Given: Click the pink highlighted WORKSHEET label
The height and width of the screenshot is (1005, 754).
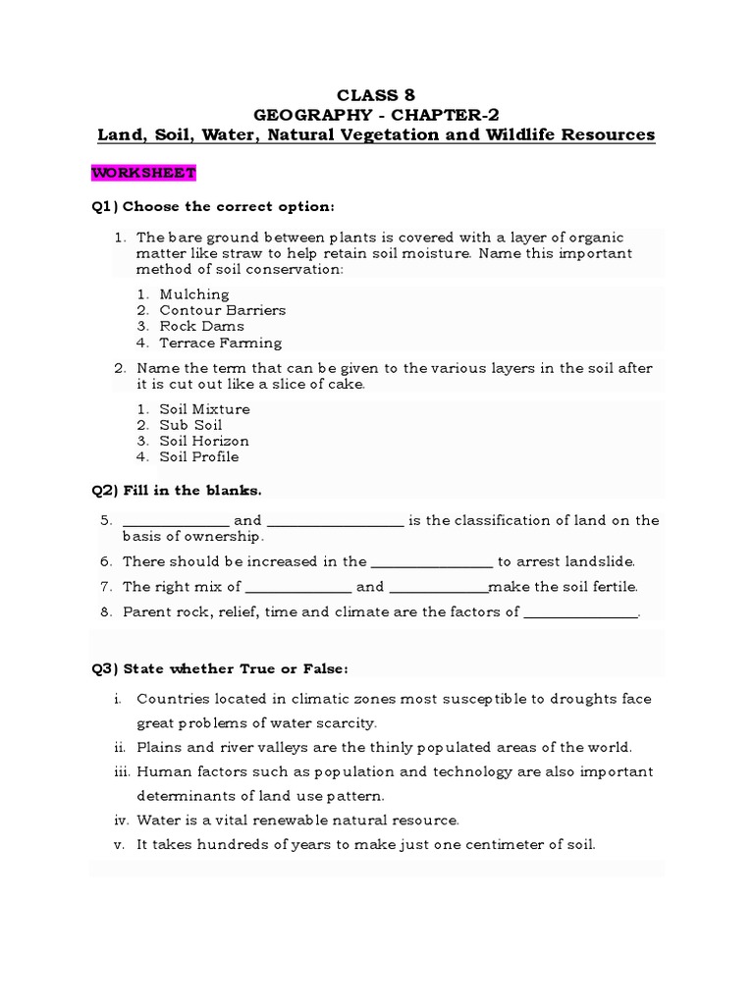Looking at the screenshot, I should (x=143, y=173).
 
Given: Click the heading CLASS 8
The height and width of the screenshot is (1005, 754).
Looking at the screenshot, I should (x=376, y=95).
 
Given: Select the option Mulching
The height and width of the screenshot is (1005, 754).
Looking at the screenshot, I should (x=194, y=293).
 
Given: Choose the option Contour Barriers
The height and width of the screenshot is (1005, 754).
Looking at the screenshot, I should (x=222, y=310).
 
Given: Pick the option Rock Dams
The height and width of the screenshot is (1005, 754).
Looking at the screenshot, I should (x=201, y=326).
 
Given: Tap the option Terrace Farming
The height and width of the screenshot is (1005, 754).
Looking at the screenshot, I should (x=220, y=343).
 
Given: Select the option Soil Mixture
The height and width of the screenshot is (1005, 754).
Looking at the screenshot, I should (x=204, y=408).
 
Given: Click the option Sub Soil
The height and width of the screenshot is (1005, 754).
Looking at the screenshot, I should (x=190, y=425).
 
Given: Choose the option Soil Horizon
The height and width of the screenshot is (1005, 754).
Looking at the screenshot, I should (x=204, y=441).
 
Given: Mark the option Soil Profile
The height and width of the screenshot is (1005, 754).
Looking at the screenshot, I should (x=199, y=456).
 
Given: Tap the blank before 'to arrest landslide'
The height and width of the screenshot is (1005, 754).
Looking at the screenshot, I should (x=431, y=563).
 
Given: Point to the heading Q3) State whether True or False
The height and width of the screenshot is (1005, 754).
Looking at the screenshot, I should (x=220, y=668).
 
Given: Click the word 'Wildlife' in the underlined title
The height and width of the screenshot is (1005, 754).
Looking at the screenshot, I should (x=521, y=134).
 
